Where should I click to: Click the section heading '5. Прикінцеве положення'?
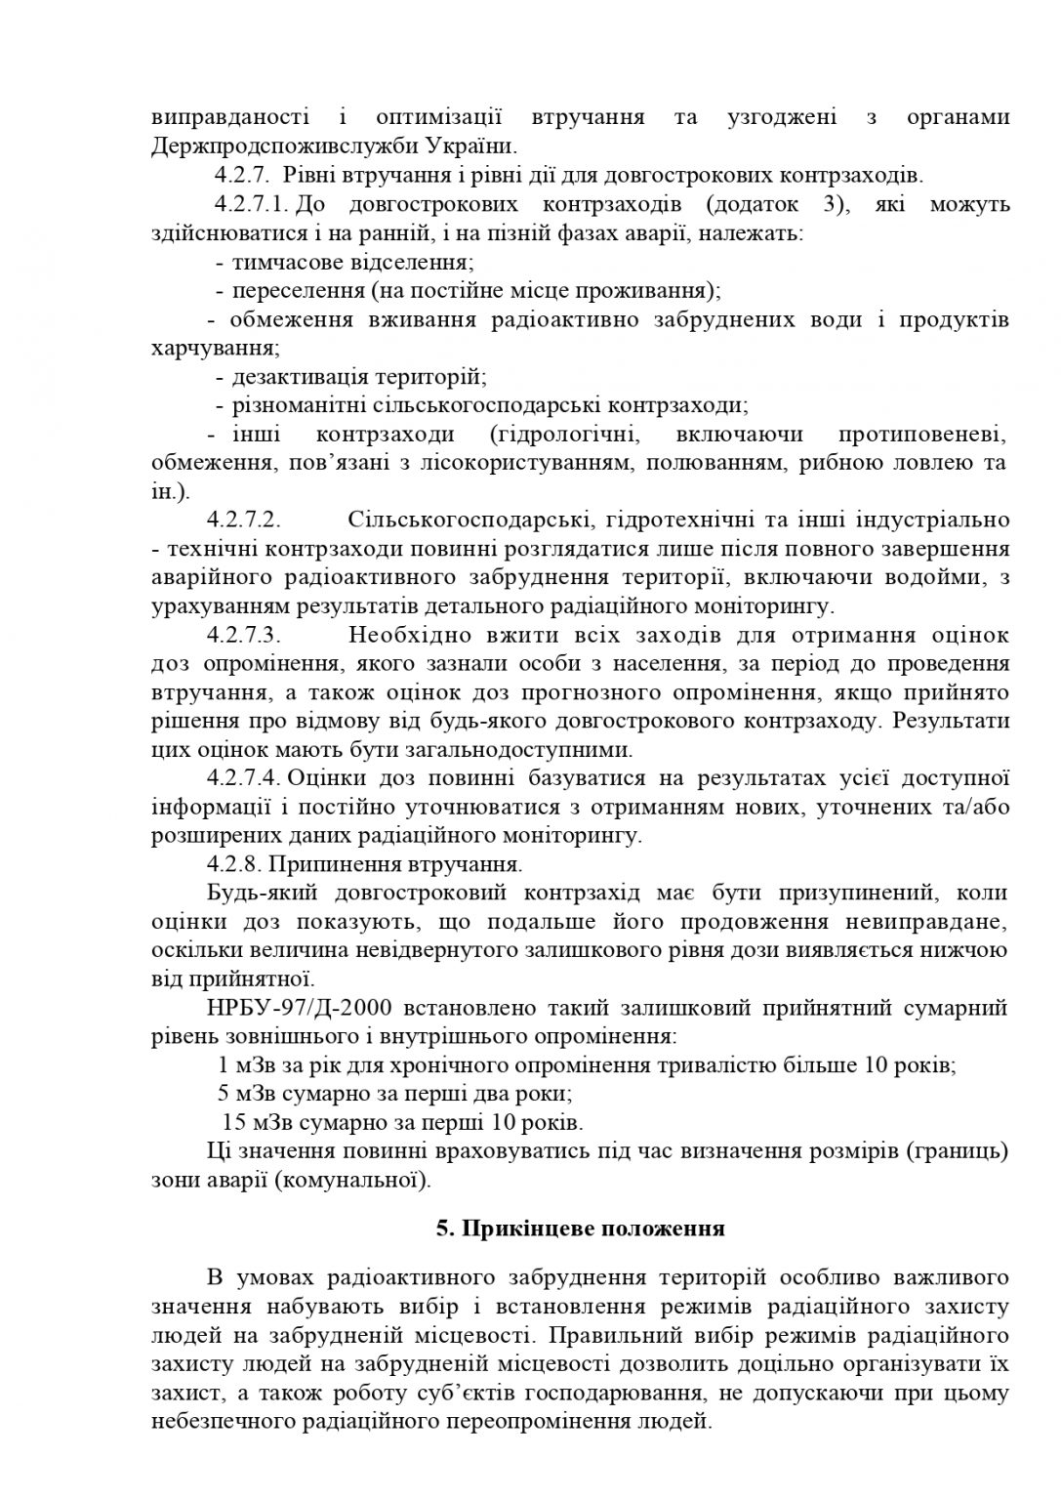click(580, 1228)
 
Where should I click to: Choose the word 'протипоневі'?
click(923, 434)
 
